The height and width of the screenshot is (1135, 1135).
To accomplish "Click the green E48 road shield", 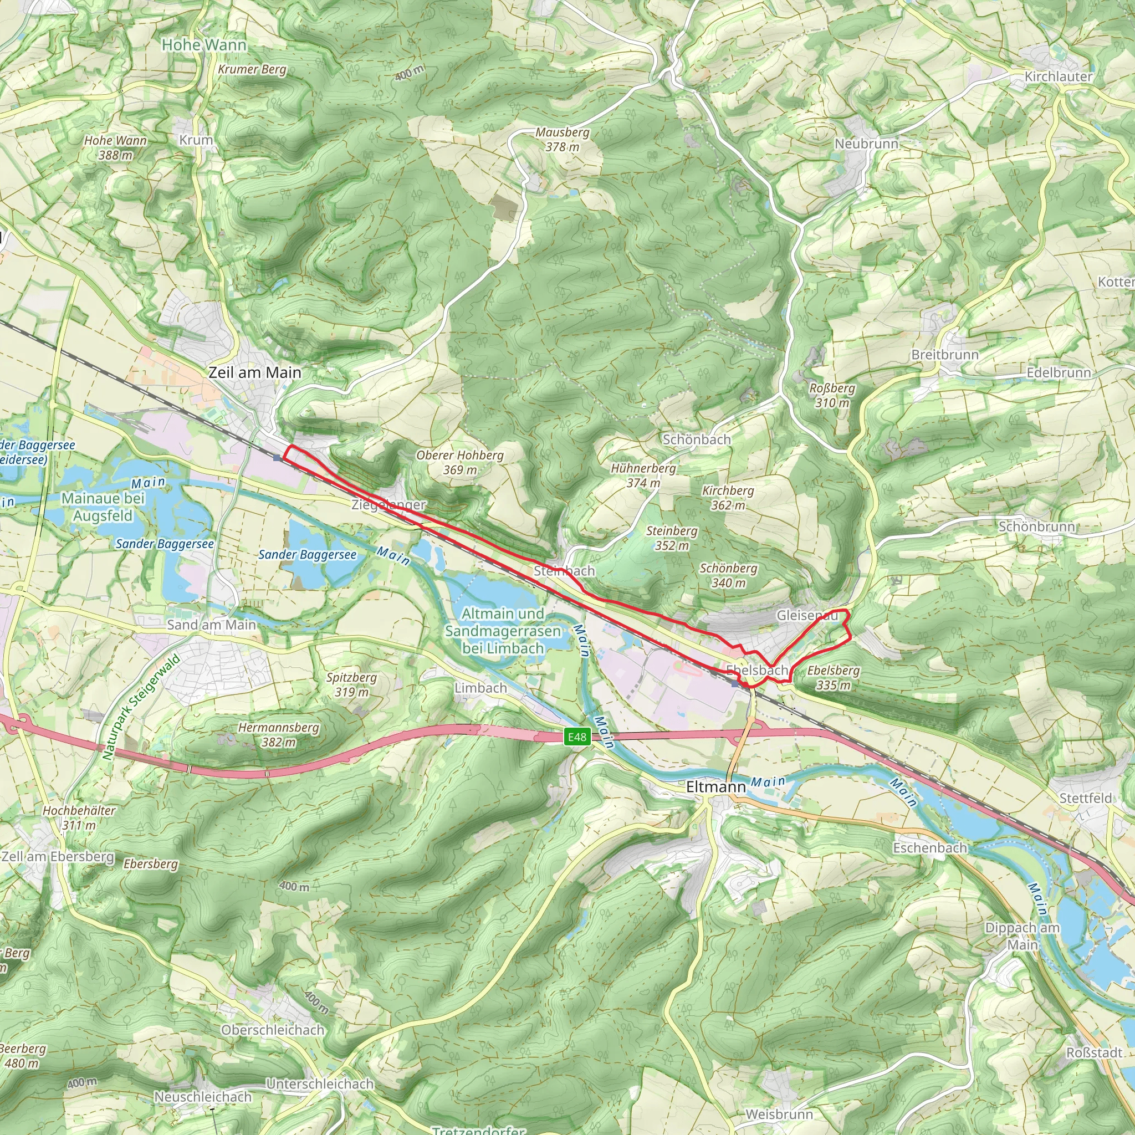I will tap(577, 737).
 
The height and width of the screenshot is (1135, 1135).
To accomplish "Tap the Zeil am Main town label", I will tap(255, 372).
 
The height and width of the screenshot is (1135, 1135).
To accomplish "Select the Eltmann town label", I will tap(715, 786).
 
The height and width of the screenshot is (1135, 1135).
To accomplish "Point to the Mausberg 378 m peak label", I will tap(562, 140).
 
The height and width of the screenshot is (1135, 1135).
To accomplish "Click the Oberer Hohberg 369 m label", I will tap(460, 462).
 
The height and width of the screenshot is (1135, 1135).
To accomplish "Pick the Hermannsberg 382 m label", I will tap(278, 734).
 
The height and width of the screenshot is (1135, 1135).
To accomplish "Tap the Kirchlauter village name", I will tap(1059, 76).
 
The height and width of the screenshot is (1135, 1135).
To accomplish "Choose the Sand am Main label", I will tap(212, 625).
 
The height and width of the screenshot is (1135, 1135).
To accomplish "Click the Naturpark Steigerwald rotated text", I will tap(140, 708).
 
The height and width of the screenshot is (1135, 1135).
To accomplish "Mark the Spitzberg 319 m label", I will tap(351, 684).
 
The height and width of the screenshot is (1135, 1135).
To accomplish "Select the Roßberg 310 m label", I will tap(832, 395).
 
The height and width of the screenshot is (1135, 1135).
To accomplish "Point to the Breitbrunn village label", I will tap(945, 355).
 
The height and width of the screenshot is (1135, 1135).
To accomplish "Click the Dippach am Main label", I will tap(1022, 937).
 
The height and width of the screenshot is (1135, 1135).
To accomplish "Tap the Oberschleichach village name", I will tap(273, 1030).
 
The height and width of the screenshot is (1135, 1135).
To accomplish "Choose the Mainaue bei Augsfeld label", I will tap(103, 507).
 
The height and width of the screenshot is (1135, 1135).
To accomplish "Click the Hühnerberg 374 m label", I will tap(643, 476).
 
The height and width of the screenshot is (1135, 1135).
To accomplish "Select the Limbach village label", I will tap(480, 688).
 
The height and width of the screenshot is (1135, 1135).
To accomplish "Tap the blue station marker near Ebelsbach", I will tap(735, 684).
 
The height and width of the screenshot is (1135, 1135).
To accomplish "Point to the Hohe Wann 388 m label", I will tap(115, 147).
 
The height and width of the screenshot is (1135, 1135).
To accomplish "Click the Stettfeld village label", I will tap(1086, 799).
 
